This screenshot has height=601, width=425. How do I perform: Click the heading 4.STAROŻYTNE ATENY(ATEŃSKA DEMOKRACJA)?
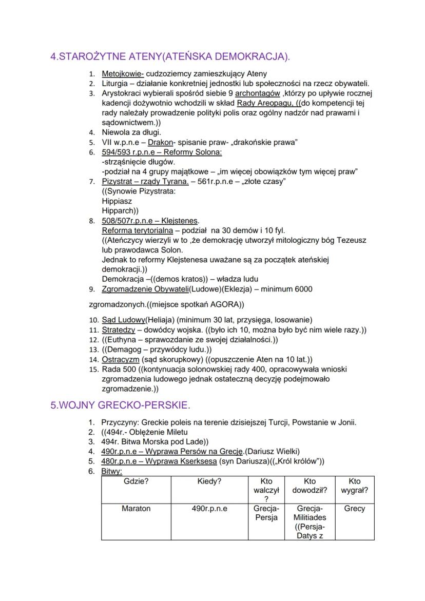(x=170, y=56)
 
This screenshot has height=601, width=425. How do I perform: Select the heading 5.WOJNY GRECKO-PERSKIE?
(x=120, y=405)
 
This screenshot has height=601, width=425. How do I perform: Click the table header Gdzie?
(x=136, y=482)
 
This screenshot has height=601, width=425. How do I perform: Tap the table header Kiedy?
(x=209, y=482)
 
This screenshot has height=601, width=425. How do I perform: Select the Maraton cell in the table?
(x=136, y=509)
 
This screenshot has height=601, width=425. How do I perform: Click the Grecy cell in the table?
(x=355, y=509)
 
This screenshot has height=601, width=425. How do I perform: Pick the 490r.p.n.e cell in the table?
(x=209, y=509)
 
